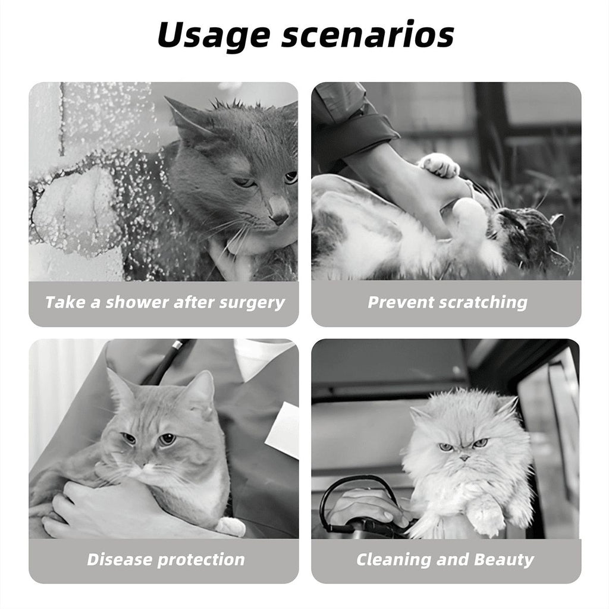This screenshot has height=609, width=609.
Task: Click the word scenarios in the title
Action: pos(368,36)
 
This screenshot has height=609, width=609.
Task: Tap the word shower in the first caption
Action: pos(137,302)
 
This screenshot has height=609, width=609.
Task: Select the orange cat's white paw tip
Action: pos(231,526)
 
